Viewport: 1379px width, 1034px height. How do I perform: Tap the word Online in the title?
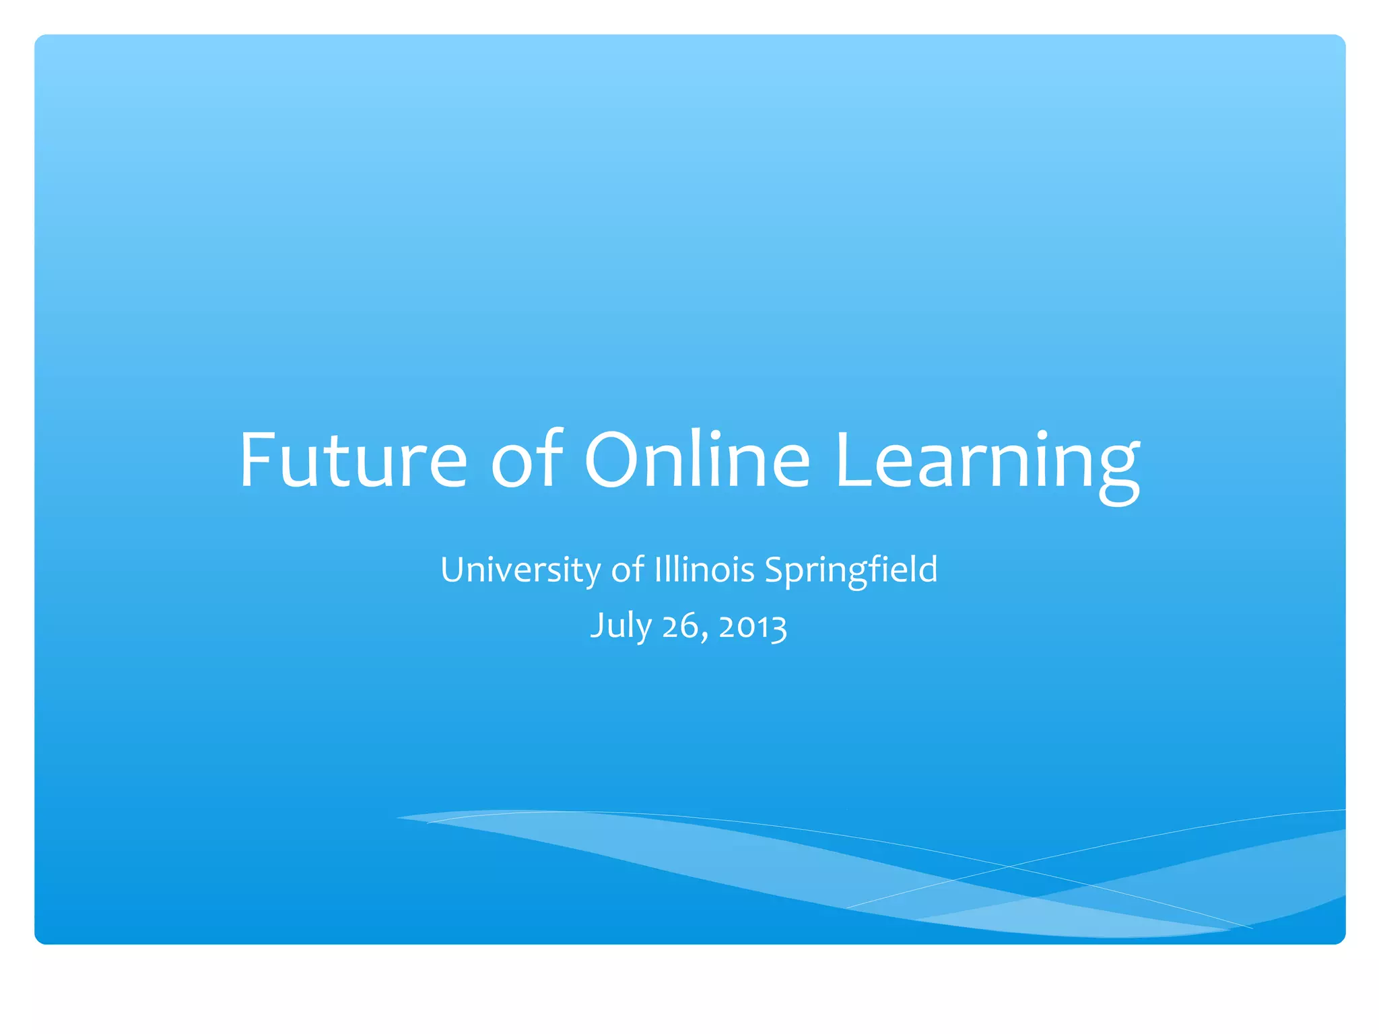pyautogui.click(x=697, y=460)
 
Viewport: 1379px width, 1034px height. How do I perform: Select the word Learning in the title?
pyautogui.click(x=987, y=464)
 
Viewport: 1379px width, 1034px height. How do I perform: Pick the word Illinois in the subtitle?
pyautogui.click(x=704, y=570)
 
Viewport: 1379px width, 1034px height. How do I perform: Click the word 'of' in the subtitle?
pyautogui.click(x=628, y=570)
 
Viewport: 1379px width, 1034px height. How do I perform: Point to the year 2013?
pyautogui.click(x=752, y=627)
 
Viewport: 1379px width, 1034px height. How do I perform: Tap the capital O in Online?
pyautogui.click(x=613, y=460)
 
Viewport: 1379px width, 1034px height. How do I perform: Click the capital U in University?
pyautogui.click(x=453, y=570)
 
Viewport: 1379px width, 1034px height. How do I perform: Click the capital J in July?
pyautogui.click(x=597, y=627)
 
